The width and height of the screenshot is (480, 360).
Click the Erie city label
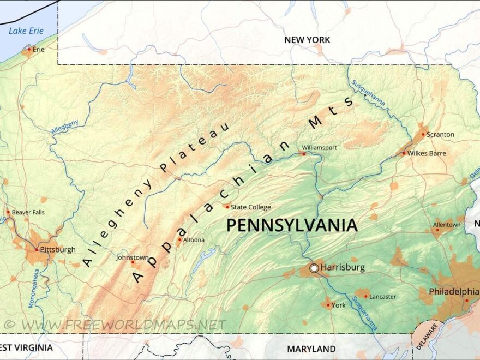[x=38, y=49]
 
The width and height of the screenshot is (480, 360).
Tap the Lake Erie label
[x=26, y=31]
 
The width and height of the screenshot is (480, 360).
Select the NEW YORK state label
[x=307, y=40]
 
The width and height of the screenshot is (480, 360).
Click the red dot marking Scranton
[x=423, y=135]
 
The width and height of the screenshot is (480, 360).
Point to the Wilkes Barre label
[x=427, y=153]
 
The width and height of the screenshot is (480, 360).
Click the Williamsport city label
[x=320, y=147]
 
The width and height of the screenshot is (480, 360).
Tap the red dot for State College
[x=227, y=207]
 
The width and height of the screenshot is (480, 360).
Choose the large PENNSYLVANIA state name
[x=292, y=225]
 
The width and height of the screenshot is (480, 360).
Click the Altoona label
[x=194, y=239]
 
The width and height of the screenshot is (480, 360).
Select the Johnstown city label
[x=132, y=257]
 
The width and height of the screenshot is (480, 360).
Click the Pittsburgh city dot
[x=37, y=250]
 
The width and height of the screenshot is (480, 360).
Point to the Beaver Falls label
[x=28, y=212]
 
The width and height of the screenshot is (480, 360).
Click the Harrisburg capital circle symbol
[x=314, y=268]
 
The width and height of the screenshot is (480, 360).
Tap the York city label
[x=338, y=305]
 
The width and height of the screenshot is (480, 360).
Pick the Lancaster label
[x=382, y=297]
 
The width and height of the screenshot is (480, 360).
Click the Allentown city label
[x=447, y=224]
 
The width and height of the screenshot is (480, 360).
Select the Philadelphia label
[x=454, y=292]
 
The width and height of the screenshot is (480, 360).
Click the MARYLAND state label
[x=311, y=349]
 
